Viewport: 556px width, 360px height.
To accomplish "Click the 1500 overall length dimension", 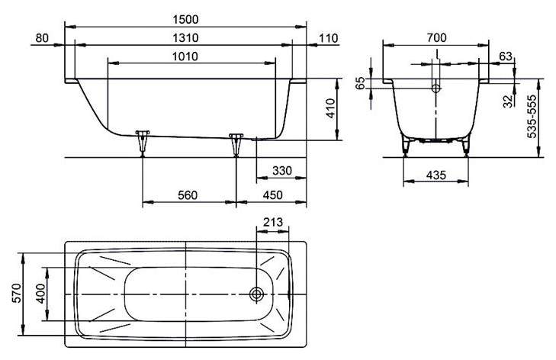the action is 185,20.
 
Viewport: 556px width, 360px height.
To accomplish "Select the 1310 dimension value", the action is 185,38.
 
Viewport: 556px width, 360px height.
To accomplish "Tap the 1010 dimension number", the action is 185,56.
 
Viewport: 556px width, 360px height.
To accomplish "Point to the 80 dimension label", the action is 42,38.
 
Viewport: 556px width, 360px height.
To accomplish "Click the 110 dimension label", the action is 329,38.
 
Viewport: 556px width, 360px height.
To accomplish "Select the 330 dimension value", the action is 282,171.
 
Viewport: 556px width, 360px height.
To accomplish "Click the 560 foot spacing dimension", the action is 187,195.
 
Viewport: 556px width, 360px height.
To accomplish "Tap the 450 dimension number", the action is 273,195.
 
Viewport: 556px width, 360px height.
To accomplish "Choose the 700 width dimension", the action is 436,37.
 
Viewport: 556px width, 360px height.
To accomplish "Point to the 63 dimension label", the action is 506,56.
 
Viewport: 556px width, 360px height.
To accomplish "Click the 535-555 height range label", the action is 532,117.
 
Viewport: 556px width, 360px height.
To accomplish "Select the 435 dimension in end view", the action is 436,175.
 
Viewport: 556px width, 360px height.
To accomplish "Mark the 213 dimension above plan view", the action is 273,222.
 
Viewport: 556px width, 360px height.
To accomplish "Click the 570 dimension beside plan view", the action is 17,293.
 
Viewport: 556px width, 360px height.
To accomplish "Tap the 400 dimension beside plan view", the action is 40,294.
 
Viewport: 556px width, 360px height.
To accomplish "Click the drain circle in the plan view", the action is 256,294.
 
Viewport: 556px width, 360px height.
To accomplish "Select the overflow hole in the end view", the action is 435,88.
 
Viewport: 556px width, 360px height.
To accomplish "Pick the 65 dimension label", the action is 359,83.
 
